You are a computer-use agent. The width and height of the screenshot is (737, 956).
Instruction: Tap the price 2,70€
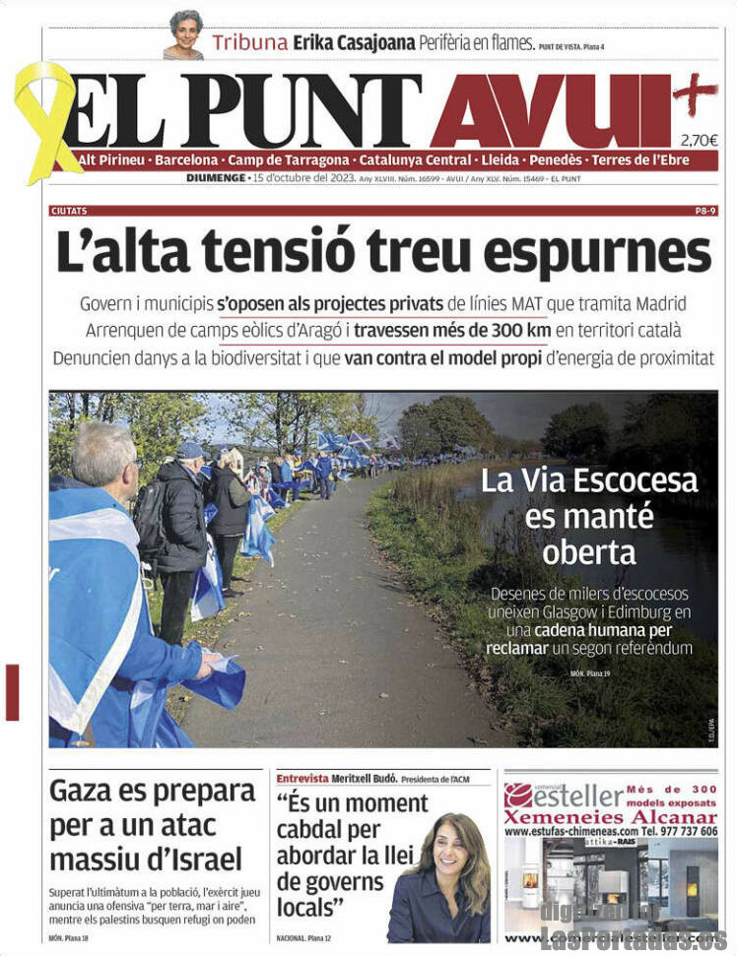click(x=699, y=140)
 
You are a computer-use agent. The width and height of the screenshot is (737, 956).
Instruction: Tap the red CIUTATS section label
click(x=69, y=211)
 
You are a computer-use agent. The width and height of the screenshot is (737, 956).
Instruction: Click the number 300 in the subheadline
click(x=510, y=331)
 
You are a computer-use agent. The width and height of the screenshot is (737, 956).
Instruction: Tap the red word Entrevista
click(x=302, y=778)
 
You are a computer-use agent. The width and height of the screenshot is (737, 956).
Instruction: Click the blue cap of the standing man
click(x=190, y=449)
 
